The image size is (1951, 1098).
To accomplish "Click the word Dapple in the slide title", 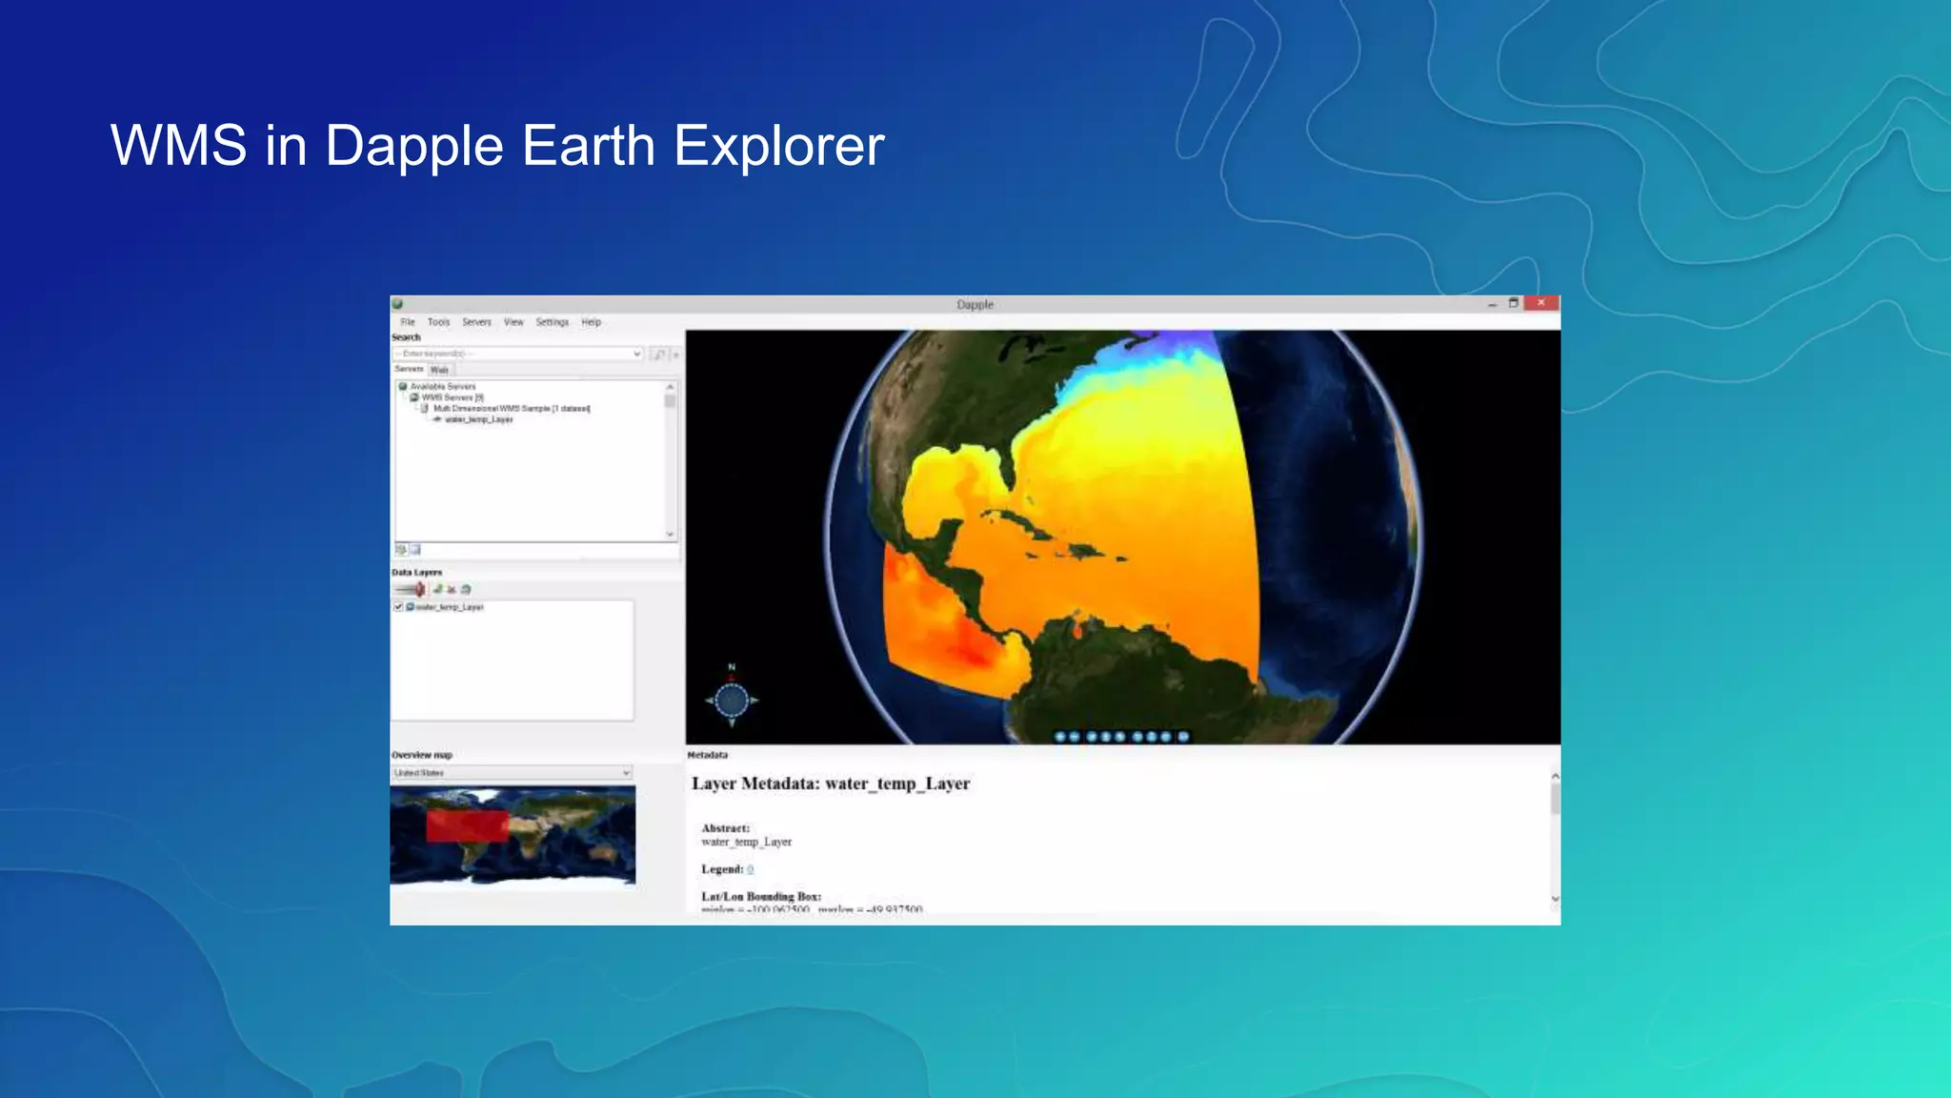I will click(x=413, y=146).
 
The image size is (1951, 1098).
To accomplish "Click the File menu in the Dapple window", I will click(x=408, y=322).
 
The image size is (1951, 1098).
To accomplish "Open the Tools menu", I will click(x=438, y=322).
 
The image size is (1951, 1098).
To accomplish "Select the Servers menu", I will click(x=476, y=322).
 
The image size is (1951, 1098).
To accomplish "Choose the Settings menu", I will click(x=552, y=322).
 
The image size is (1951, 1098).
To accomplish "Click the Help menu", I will click(x=591, y=322).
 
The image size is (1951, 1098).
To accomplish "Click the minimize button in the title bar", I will click(x=1492, y=304).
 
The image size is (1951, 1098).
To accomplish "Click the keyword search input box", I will click(x=514, y=354).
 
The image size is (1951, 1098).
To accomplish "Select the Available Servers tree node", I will click(x=442, y=387).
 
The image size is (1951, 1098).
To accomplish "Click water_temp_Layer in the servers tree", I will click(x=478, y=419).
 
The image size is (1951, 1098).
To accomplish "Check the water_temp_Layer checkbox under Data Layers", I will click(x=399, y=607).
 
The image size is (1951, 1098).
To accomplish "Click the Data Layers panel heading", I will click(x=416, y=573).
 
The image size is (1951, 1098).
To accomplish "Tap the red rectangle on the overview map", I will click(x=467, y=825).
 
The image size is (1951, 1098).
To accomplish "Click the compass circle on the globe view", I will click(x=732, y=701).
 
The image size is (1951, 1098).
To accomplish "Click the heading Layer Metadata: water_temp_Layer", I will click(x=830, y=783).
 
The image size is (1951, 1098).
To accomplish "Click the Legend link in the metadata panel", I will click(x=750, y=869).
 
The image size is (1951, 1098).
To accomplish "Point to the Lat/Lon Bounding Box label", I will click(x=760, y=897).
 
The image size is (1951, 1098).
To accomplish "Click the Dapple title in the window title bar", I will click(x=975, y=305).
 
